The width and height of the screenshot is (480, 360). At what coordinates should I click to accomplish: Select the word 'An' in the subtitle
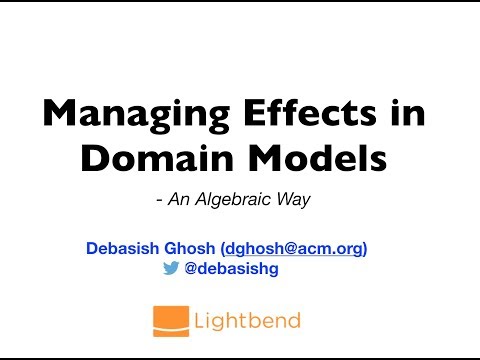[182, 199]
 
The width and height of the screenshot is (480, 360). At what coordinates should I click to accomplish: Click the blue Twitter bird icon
[170, 268]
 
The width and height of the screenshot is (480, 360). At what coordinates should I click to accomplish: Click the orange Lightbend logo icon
[168, 319]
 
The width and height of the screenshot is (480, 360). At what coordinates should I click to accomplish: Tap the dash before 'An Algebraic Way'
[160, 200]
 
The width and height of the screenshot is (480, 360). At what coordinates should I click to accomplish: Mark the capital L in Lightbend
[203, 319]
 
